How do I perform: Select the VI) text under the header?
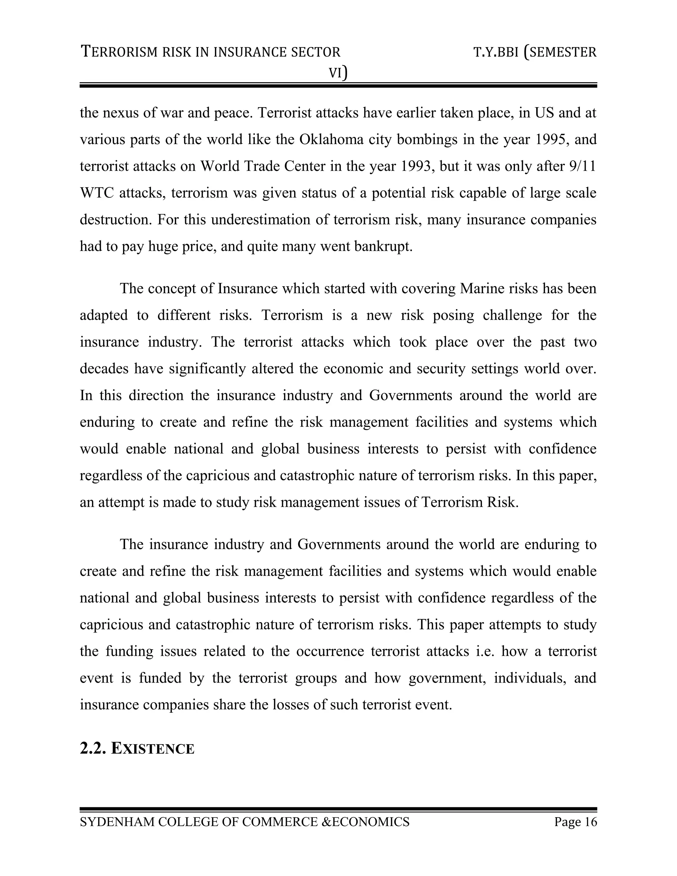coord(338,73)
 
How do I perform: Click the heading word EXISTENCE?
coord(152,749)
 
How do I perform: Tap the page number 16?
coord(590,822)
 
